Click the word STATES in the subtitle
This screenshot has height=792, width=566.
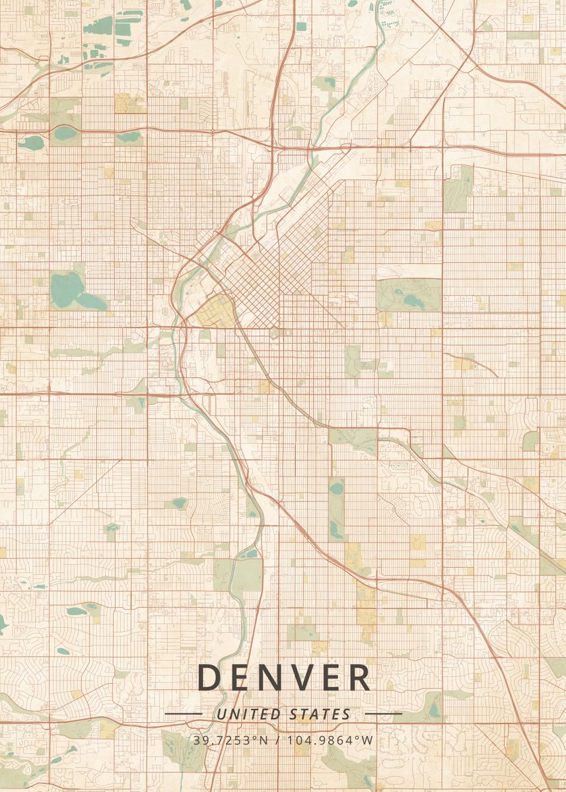click(320, 714)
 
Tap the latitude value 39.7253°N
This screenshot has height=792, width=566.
click(230, 741)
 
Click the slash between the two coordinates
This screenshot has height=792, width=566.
click(277, 741)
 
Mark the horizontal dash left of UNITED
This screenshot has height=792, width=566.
click(183, 713)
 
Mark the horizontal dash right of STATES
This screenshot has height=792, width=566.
click(383, 713)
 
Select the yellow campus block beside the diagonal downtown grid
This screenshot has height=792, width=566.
click(213, 311)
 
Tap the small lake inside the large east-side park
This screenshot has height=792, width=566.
click(413, 300)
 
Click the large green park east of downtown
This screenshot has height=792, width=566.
click(408, 292)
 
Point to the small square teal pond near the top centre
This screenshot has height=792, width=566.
click(301, 26)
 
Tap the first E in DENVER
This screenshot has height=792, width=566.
click(239, 678)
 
